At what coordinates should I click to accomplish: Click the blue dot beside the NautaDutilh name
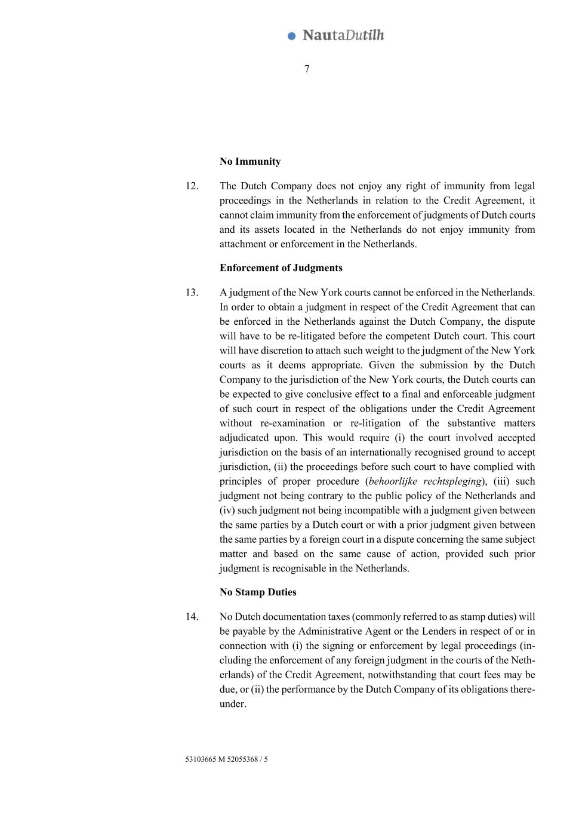pos(292,36)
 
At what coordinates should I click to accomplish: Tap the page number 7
pos(307,69)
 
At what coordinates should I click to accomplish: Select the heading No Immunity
pos(250,161)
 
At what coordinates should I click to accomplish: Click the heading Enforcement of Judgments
pos(281,267)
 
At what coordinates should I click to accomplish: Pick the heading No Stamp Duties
pos(258,592)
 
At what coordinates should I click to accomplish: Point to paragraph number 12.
pos(192,186)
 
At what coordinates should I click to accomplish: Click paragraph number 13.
pos(192,292)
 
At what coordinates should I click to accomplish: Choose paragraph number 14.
pos(192,616)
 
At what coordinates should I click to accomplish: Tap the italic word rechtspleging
pos(452,481)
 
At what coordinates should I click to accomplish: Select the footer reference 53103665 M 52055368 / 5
pos(226,759)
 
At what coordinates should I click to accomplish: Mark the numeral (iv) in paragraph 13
pos(227,510)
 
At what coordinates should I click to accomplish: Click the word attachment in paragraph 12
pos(243,244)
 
